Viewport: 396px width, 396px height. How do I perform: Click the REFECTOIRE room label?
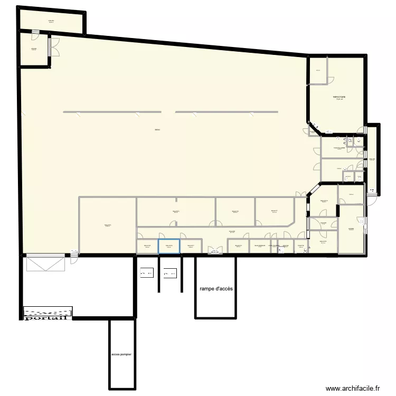click(x=338, y=97)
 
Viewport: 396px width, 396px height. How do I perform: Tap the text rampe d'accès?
click(x=216, y=289)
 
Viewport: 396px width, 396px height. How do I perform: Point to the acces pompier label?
click(x=122, y=355)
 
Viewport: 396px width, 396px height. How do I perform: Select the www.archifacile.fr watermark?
click(x=353, y=388)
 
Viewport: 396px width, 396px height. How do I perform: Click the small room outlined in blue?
click(x=169, y=247)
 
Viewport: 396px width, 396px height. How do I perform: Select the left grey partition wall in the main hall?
click(x=112, y=112)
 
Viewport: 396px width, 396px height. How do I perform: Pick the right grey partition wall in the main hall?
click(x=226, y=112)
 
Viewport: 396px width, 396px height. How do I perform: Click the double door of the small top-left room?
click(x=51, y=46)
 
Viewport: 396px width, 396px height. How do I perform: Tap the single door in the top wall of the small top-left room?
click(x=35, y=33)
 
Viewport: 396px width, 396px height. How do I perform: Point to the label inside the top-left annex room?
click(x=51, y=21)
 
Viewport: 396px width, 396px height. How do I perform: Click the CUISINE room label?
click(x=351, y=229)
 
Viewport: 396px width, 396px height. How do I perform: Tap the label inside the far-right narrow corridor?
click(x=372, y=159)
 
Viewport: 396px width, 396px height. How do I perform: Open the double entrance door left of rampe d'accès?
click(x=215, y=251)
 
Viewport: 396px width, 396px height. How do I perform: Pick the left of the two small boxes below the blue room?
click(x=146, y=273)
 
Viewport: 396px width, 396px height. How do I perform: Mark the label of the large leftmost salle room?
click(x=108, y=225)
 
